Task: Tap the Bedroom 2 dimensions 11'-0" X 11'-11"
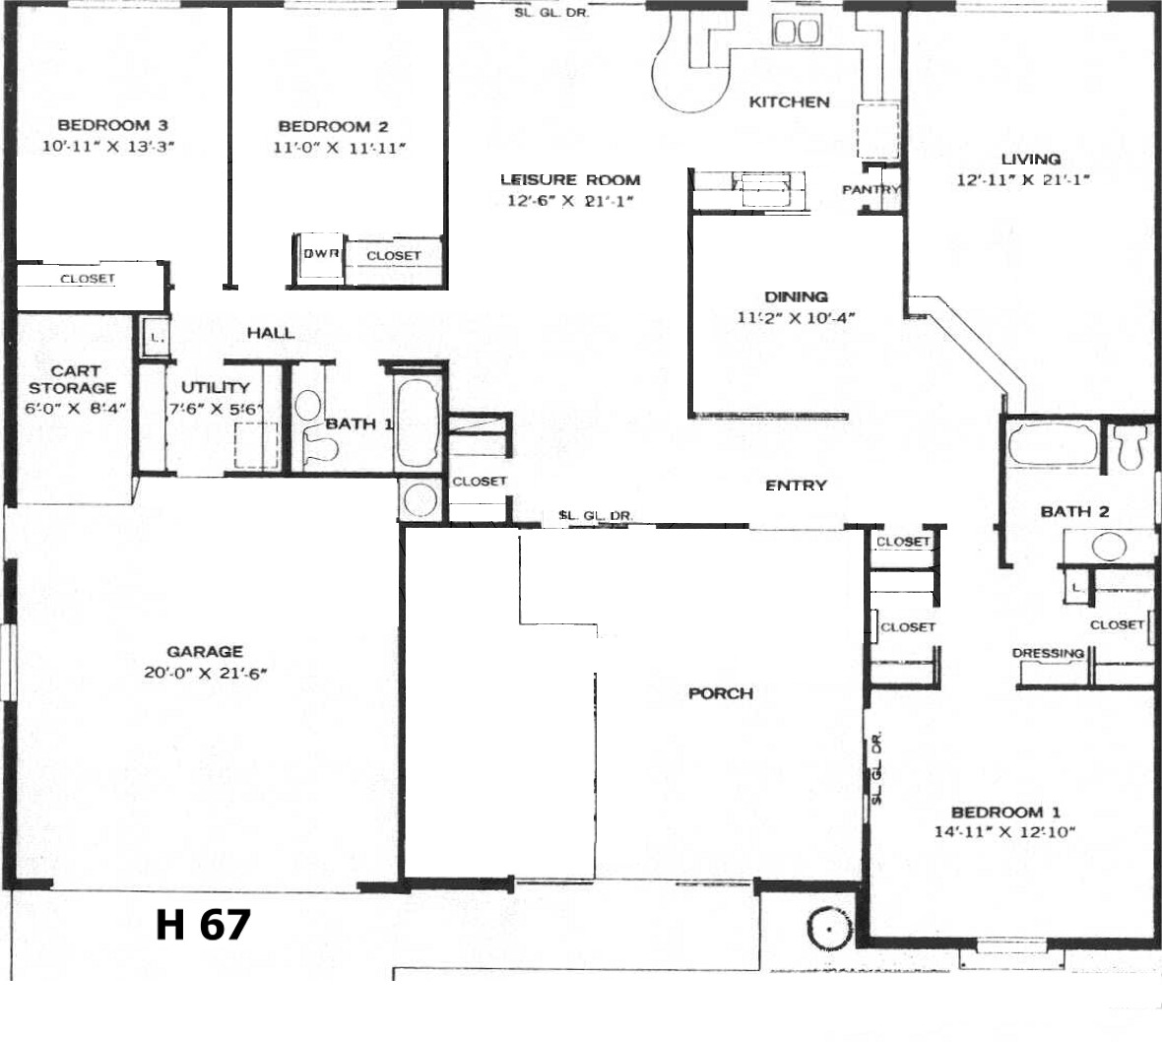pos(340,148)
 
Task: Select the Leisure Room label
pos(570,179)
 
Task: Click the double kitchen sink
pos(796,32)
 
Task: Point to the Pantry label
pos(871,190)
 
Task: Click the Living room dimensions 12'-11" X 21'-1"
pos(1023,179)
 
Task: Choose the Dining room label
pos(796,297)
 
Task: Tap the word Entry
pos(796,486)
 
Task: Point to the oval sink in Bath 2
pos(1109,547)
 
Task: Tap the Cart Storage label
pos(73,379)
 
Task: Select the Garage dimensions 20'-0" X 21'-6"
pos(205,673)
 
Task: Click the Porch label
pos(721,693)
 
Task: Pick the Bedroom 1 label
pos(1005,813)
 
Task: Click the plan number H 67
pos(203,925)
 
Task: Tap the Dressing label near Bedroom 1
pos(1048,653)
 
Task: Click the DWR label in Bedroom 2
pos(321,253)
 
